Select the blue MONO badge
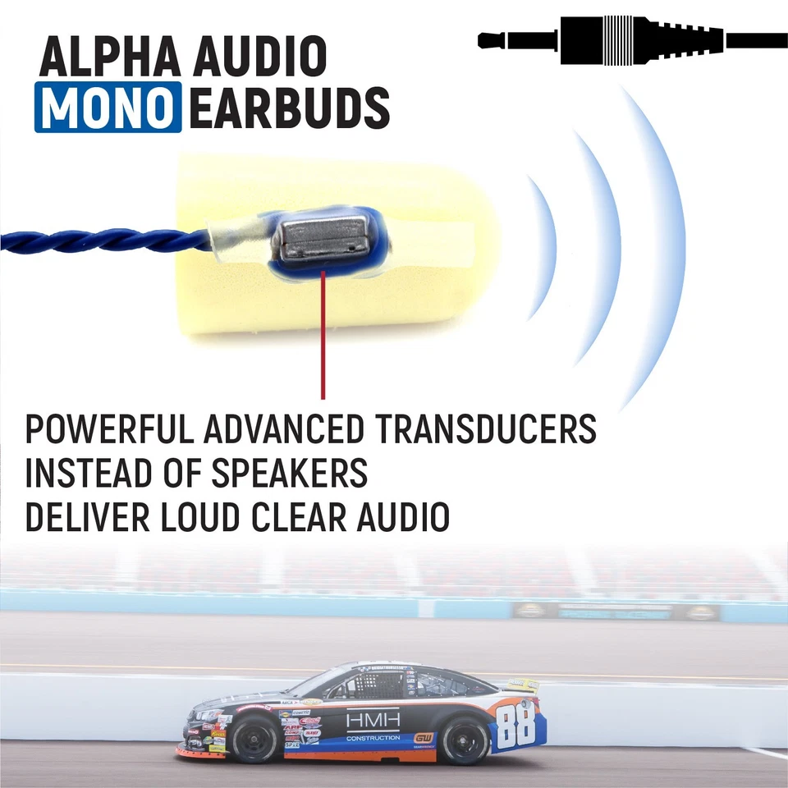[x=108, y=108]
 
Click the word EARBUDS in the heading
[x=289, y=108]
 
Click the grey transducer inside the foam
[x=320, y=236]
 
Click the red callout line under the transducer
[x=324, y=337]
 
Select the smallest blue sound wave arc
[x=543, y=246]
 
